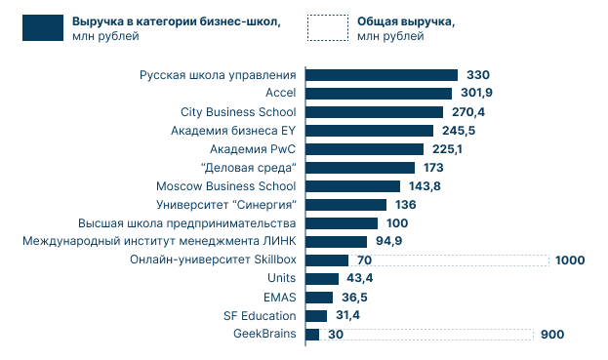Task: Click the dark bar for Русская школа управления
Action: pyautogui.click(x=382, y=75)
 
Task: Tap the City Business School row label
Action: pyautogui.click(x=238, y=112)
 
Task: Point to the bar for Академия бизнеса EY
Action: pyautogui.click(x=369, y=131)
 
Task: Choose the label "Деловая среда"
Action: pyautogui.click(x=248, y=168)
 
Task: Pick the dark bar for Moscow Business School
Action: pyautogui.click(x=352, y=186)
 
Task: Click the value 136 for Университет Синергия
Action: pyautogui.click(x=406, y=205)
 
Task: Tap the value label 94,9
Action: pyautogui.click(x=389, y=242)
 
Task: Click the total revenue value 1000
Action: pyautogui.click(x=569, y=260)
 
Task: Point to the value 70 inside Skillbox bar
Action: pyautogui.click(x=365, y=260)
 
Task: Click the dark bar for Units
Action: pyautogui.click(x=315, y=279)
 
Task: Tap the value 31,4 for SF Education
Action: pyautogui.click(x=346, y=316)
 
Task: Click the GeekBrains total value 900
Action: pyautogui.click(x=552, y=335)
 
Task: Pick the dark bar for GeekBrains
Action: pyautogui.click(x=312, y=335)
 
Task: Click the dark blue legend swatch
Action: pyautogui.click(x=44, y=28)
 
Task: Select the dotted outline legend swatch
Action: pyautogui.click(x=326, y=28)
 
